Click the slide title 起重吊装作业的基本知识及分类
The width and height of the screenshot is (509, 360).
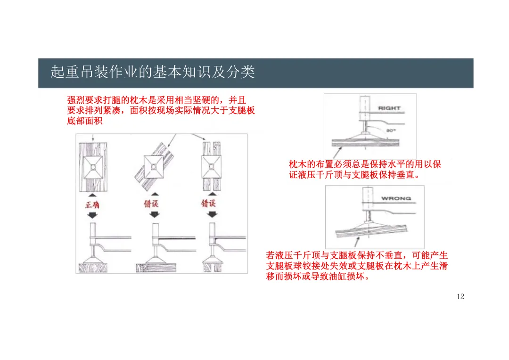(x=153, y=73)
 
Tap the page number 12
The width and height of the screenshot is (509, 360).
(x=460, y=296)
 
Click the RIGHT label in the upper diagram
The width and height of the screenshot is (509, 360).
(x=389, y=108)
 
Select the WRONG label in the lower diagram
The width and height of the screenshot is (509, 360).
(x=396, y=198)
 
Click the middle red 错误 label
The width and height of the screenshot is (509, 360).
(x=154, y=204)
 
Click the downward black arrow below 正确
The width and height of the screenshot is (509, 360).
(x=93, y=214)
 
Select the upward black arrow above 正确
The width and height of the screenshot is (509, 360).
(x=93, y=195)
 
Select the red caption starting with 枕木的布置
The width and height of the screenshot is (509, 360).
(x=365, y=170)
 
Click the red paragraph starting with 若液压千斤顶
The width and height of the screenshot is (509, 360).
(x=357, y=266)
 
